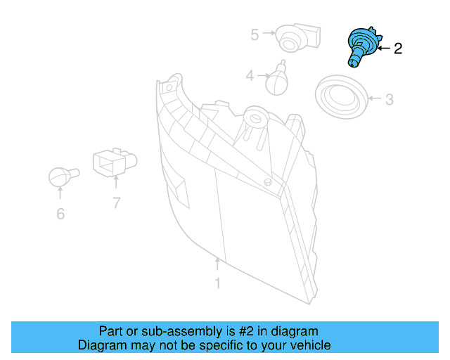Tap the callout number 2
(398, 49)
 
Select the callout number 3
(389, 100)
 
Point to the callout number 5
(255, 32)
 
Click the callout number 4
(250, 75)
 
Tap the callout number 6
(60, 213)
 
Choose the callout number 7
(116, 204)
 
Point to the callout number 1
(217, 283)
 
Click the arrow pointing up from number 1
(217, 266)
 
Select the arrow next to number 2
(382, 49)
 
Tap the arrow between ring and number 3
(373, 100)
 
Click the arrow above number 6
(60, 194)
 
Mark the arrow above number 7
(116, 185)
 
